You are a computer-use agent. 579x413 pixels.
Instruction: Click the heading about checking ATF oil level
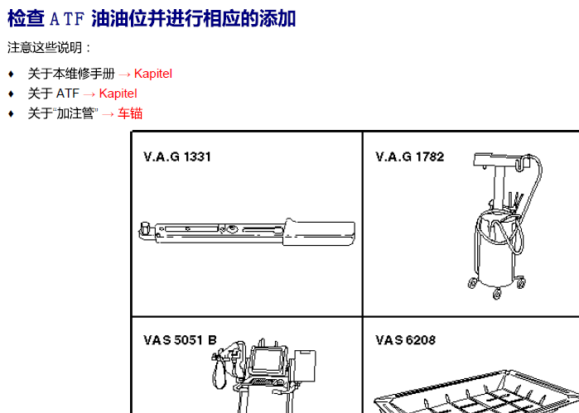point(152,18)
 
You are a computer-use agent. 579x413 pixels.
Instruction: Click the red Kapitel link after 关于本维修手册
point(153,74)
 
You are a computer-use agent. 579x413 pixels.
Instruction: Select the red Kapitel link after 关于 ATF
point(118,94)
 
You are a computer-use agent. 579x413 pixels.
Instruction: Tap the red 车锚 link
point(130,113)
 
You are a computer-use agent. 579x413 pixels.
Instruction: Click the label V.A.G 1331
point(177,157)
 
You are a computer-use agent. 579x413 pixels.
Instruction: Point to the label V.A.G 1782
point(410,157)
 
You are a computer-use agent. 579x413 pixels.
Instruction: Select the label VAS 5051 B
point(180,340)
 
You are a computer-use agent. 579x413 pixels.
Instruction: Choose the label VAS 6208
point(405,340)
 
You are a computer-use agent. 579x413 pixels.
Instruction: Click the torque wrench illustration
point(247,232)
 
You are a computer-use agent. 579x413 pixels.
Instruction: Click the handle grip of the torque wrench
point(319,233)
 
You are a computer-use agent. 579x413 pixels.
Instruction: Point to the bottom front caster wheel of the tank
point(497,294)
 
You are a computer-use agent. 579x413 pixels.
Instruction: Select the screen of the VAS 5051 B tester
point(267,360)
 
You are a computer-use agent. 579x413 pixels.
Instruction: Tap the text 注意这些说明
point(45,48)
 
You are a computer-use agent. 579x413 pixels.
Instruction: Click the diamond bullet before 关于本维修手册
point(11,74)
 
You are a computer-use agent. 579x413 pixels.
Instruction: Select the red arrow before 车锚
point(108,114)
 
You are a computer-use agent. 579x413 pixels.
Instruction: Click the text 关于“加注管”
point(63,113)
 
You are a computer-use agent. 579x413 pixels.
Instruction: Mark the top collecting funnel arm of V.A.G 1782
point(501,161)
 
